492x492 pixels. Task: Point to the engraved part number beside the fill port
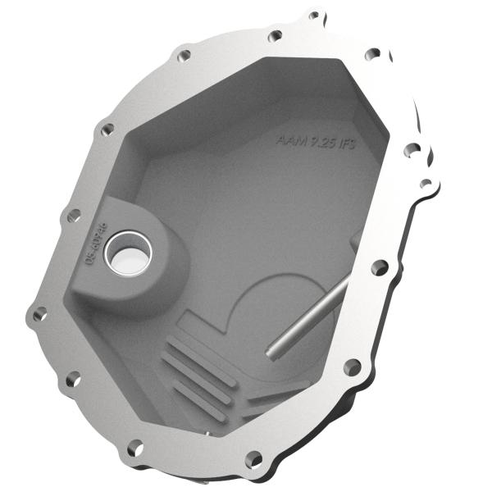pos(96,244)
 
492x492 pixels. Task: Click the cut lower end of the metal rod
pos(271,352)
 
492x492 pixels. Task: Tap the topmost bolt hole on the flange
pos(314,15)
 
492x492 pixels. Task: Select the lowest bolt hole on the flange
pos(254,459)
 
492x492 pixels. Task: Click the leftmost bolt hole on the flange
pos(38,312)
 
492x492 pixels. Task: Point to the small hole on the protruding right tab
pos(426,183)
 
